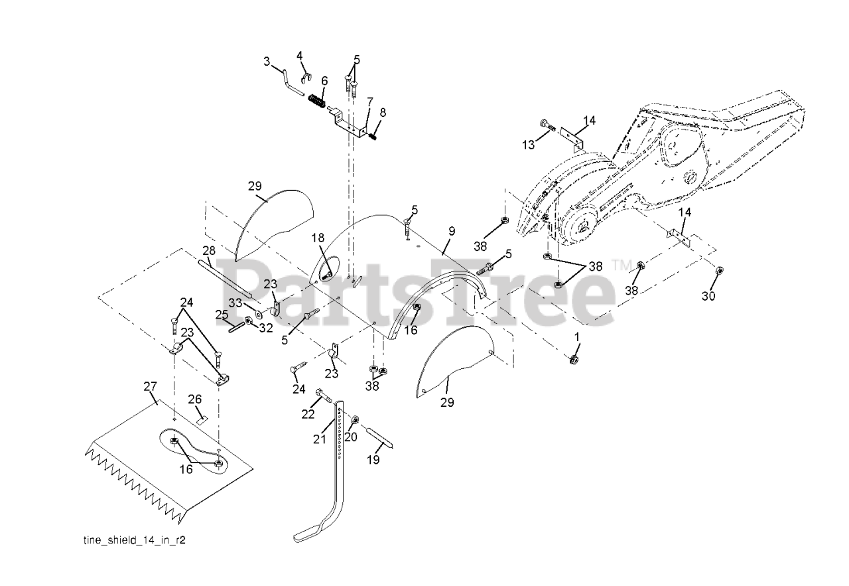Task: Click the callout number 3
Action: coord(267,62)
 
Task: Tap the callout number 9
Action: coord(452,231)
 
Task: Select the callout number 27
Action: coord(150,386)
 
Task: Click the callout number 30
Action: coord(709,296)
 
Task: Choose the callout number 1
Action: coord(576,337)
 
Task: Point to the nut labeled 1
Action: coord(572,360)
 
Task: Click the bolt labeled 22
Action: coord(325,395)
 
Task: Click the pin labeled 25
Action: coord(237,327)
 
